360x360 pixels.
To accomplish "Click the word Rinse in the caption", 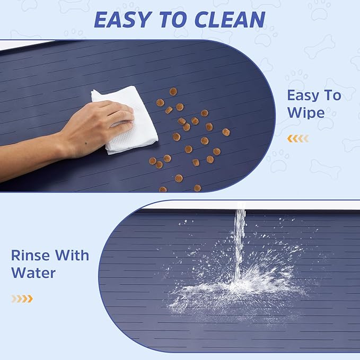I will [31, 256].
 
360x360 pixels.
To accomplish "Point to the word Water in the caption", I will [33, 274].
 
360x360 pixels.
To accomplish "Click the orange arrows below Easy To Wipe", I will [297, 139].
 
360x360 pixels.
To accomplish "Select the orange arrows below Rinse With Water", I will [22, 298].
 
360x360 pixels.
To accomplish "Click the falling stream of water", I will [240, 239].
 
